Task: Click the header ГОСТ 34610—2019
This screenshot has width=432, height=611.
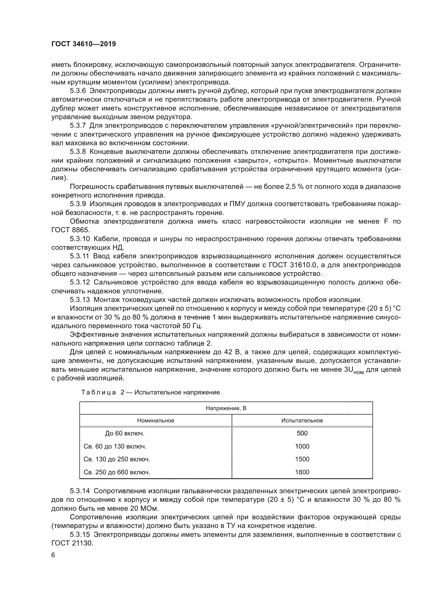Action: pyautogui.click(x=84, y=44)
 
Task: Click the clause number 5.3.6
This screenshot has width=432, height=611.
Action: pyautogui.click(x=78, y=91)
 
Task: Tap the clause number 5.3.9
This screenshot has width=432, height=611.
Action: pyautogui.click(x=78, y=204)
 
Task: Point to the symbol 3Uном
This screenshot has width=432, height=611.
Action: pyautogui.click(x=354, y=370)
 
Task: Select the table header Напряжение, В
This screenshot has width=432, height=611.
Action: pyautogui.click(x=226, y=408)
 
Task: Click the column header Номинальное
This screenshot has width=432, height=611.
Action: pyautogui.click(x=156, y=421)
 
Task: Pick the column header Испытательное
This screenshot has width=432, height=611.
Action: pyautogui.click(x=302, y=421)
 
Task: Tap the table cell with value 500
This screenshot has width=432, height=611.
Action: pyautogui.click(x=302, y=433)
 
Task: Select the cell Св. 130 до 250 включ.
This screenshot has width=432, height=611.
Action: pyautogui.click(x=117, y=459)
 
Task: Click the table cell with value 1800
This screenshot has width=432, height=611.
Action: pyautogui.click(x=302, y=472)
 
